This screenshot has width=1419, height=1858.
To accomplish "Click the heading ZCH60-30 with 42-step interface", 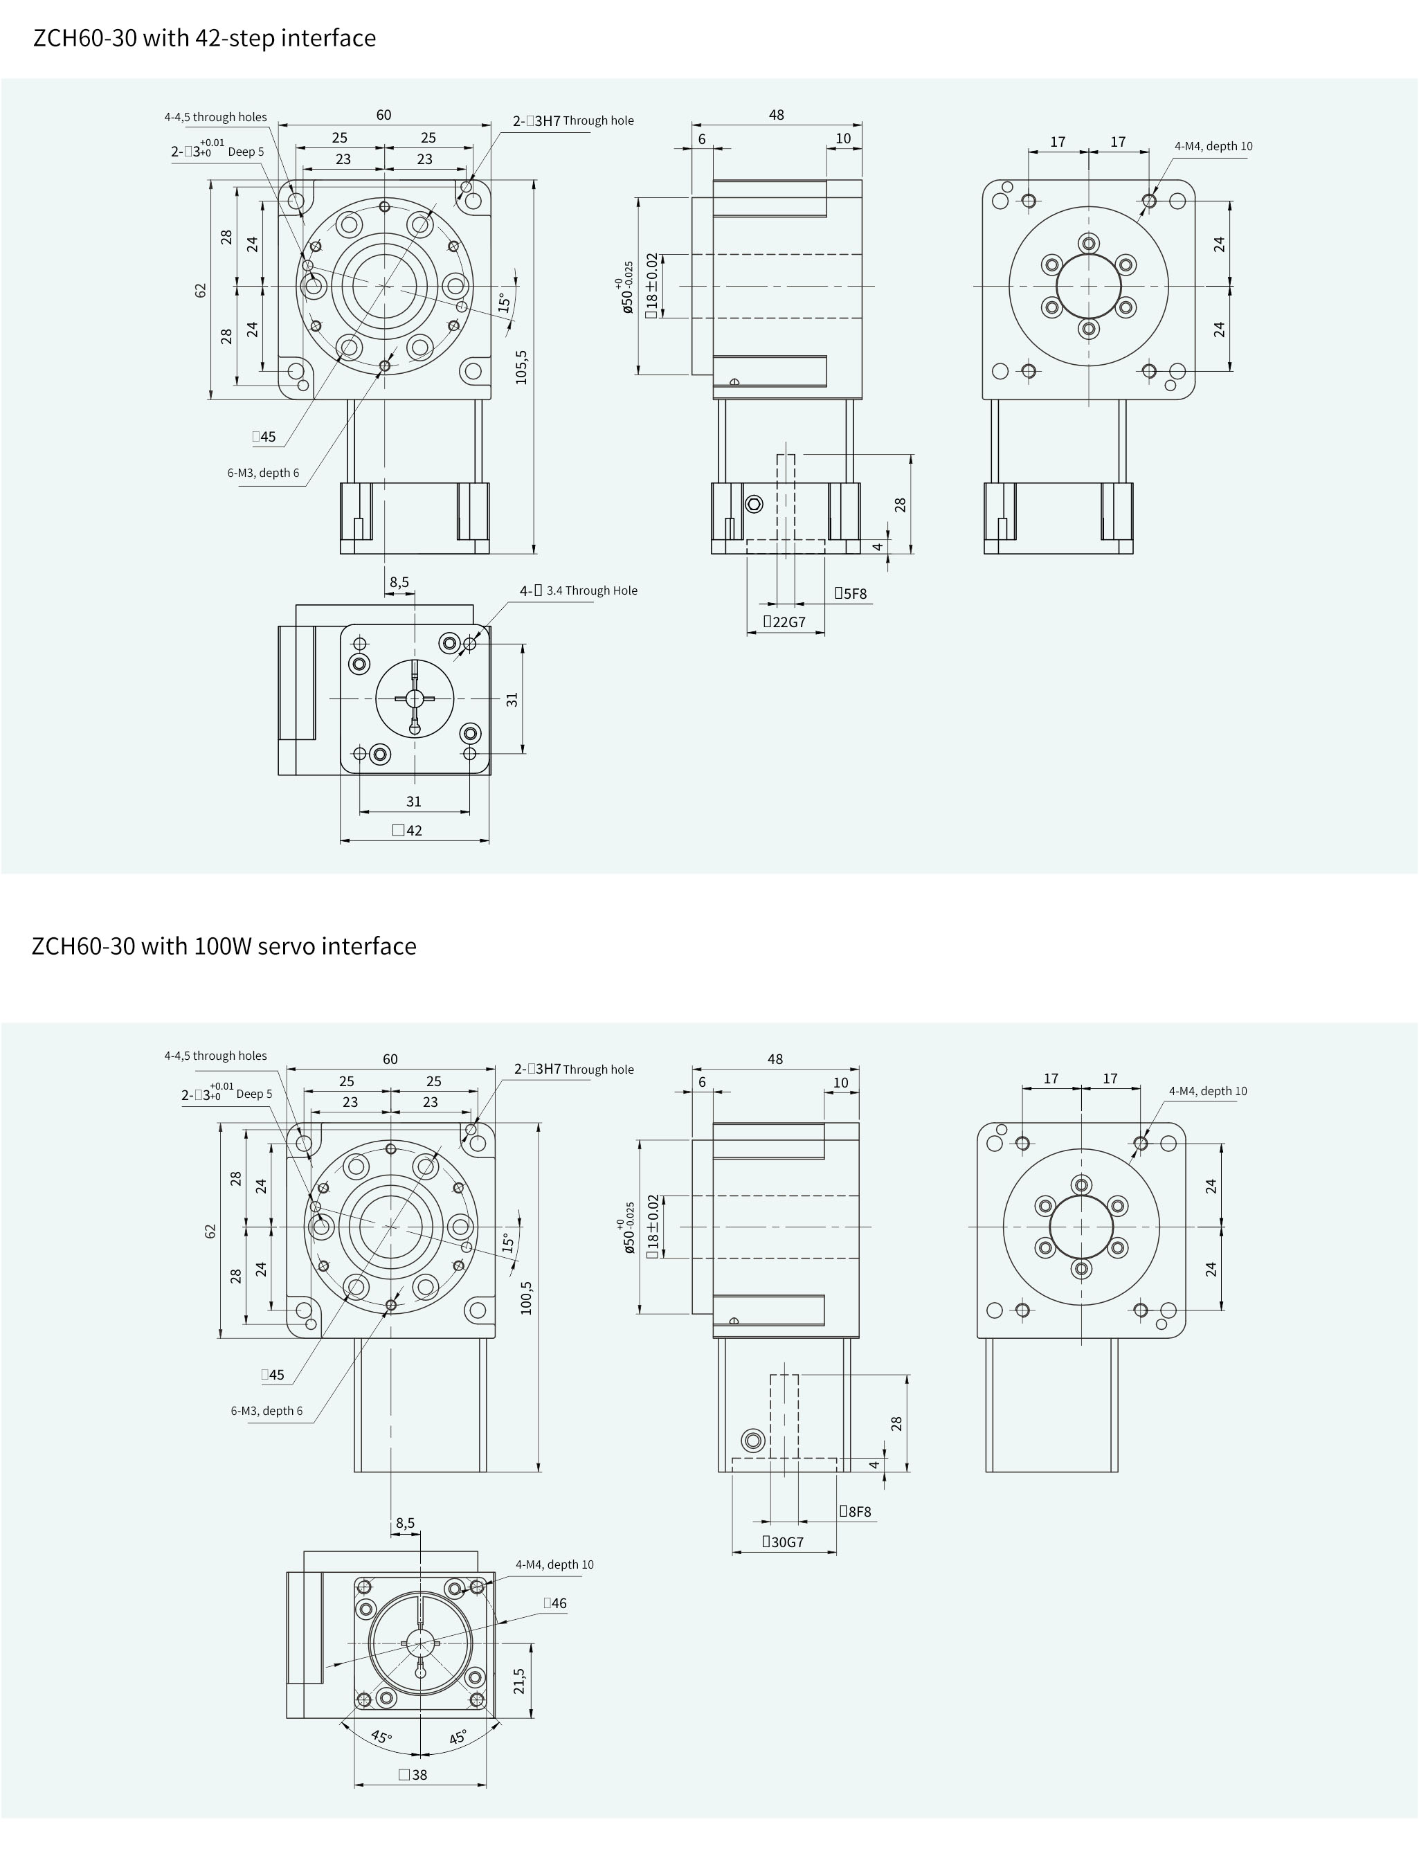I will tap(204, 39).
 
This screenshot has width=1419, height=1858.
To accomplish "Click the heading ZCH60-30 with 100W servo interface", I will tap(224, 946).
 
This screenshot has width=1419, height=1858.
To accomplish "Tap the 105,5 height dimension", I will tap(522, 368).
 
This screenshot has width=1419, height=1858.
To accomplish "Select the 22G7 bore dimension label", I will tap(785, 622).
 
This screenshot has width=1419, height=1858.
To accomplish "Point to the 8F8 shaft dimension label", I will tap(855, 1512).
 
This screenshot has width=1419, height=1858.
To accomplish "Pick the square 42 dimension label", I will tap(407, 830).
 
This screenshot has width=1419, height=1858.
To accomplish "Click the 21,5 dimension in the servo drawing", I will tap(519, 1681).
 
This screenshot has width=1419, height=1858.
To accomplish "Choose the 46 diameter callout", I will tap(555, 1604).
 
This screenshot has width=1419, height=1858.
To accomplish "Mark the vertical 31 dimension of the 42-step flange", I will tap(512, 699).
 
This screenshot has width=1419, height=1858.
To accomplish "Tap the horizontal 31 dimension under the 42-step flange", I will tap(414, 802).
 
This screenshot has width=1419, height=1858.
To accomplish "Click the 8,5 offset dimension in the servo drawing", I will tap(406, 1524).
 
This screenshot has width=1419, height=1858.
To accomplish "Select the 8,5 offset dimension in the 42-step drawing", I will tap(399, 582).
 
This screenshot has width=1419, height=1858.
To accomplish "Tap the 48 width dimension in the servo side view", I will tap(775, 1059).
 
